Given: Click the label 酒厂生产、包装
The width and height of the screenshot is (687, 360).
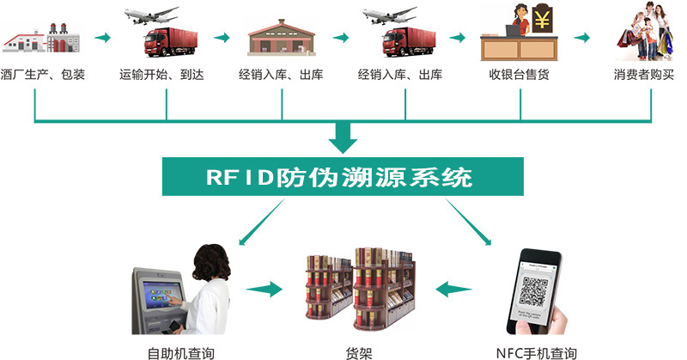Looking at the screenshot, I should tap(44, 75).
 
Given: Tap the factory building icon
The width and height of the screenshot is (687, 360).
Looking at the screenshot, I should tap(43, 39).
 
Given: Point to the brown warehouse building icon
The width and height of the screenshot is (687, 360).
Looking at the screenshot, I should tap(282, 38).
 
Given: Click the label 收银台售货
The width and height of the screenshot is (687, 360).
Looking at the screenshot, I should tap(519, 75).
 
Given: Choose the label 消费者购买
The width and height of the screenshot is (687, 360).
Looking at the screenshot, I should tap(643, 75).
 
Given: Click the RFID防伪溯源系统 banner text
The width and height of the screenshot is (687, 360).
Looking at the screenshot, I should tap(339, 177).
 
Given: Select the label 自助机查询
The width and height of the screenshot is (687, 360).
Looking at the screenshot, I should tap(180, 352).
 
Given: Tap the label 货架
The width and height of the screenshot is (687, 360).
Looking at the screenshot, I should tap(359, 352).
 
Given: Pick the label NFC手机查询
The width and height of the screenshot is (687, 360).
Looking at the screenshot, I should tap(537, 352).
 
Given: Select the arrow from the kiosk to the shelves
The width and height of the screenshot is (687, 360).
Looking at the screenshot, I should tap(265, 289).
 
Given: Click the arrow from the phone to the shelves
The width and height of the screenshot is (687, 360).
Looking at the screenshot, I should tap(453, 289).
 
